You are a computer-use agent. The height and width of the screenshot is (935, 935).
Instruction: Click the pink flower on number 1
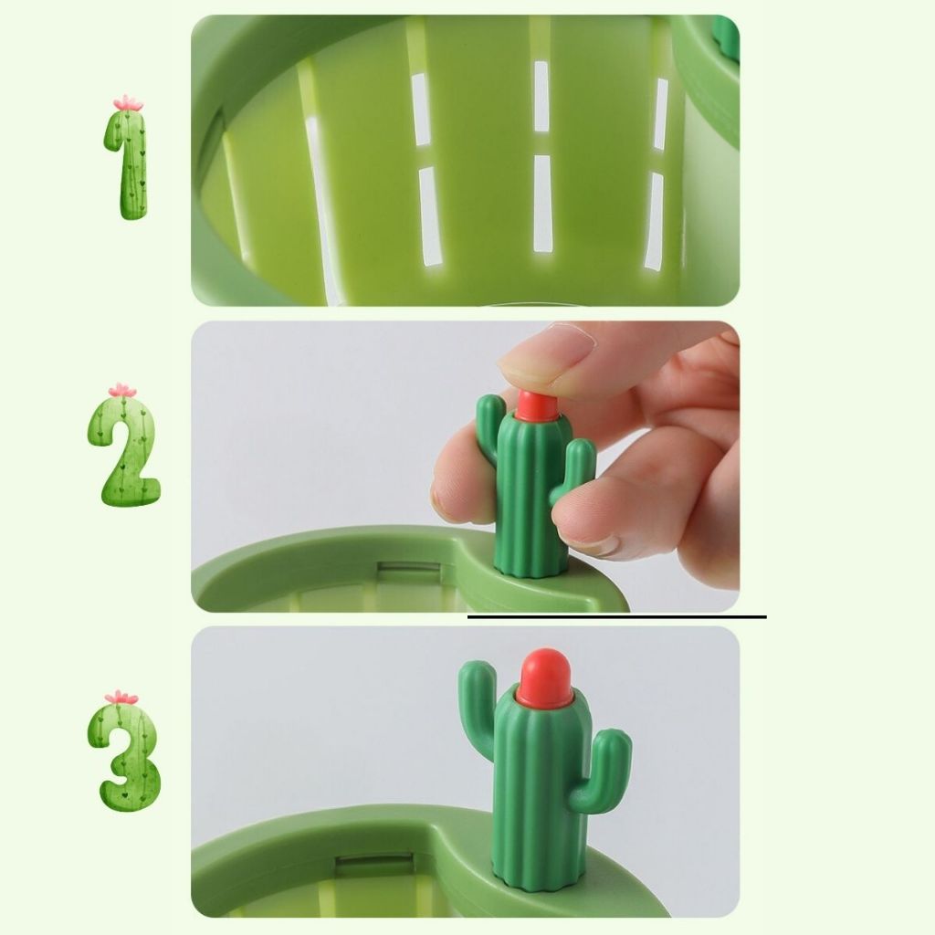[128, 102]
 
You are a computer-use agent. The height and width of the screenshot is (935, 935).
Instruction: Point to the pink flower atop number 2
[122, 390]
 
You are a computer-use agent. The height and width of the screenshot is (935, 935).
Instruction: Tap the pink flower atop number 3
[121, 697]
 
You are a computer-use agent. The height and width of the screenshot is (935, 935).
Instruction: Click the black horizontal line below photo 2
[616, 616]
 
